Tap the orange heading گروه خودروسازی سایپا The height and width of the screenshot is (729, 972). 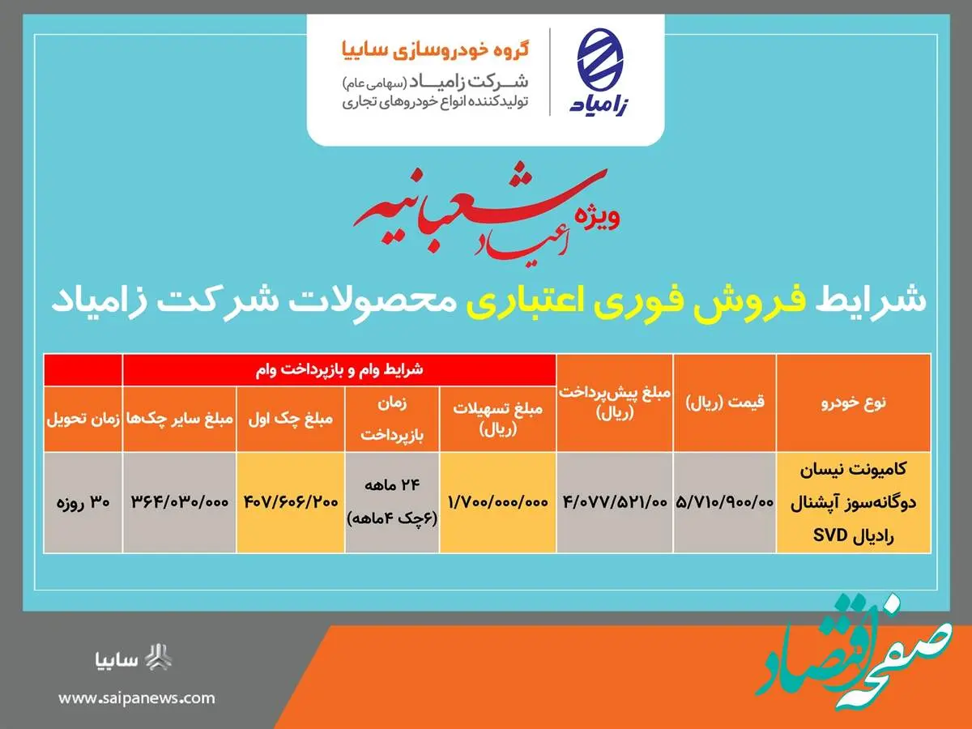click(x=435, y=49)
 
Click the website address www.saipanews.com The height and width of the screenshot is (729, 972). click(x=137, y=698)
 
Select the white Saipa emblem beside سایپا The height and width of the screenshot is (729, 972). click(x=158, y=658)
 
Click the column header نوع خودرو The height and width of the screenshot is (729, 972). click(x=853, y=403)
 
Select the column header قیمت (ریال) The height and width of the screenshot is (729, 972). click(x=725, y=403)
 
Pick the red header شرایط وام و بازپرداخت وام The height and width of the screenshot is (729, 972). click(x=339, y=369)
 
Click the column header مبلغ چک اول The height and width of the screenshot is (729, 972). click(x=291, y=419)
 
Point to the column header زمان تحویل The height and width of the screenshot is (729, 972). click(x=83, y=419)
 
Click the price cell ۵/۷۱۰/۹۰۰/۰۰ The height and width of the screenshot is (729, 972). click(x=724, y=502)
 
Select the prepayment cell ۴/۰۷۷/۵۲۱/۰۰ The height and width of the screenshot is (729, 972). click(x=615, y=502)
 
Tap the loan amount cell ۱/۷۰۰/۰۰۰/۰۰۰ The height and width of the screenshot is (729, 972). click(x=498, y=502)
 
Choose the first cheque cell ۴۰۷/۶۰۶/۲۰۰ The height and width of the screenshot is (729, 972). click(x=291, y=502)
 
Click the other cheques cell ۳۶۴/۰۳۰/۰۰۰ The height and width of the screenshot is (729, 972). click(x=180, y=502)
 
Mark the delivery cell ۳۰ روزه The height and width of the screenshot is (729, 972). click(x=83, y=502)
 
